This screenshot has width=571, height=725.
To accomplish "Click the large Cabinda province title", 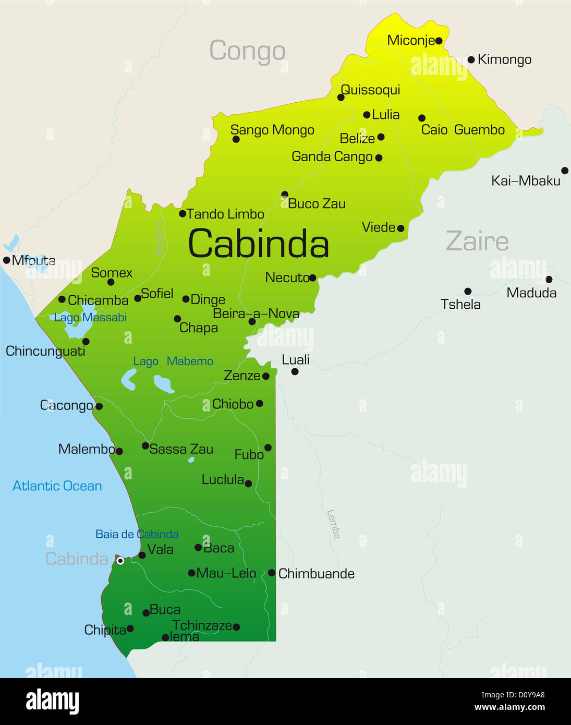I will (x=258, y=244).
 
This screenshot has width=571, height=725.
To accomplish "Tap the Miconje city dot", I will (x=439, y=41).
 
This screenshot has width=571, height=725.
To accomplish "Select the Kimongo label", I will (x=504, y=59).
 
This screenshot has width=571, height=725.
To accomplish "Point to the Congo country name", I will (x=247, y=51).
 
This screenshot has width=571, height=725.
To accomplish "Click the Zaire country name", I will (x=477, y=241).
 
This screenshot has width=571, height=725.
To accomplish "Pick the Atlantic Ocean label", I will (x=57, y=486).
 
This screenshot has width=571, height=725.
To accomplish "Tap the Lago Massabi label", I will (x=91, y=318).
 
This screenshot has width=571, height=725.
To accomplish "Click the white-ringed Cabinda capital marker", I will (x=120, y=561).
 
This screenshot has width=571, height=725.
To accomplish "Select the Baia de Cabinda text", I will (x=137, y=534).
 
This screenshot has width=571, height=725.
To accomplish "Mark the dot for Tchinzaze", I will (x=236, y=627).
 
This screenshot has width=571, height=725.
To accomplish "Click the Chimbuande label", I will (x=316, y=574).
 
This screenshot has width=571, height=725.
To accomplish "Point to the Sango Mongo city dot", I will (x=236, y=139).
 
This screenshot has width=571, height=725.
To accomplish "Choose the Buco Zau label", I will (x=317, y=204).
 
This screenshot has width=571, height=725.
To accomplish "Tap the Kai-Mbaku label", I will (x=525, y=181).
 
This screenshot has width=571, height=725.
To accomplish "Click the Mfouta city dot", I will (x=6, y=260).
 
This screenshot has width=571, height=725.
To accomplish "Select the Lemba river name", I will (x=333, y=524).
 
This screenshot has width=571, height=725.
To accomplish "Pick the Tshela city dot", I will (x=468, y=291).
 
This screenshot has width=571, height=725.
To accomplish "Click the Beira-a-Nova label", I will (x=256, y=313).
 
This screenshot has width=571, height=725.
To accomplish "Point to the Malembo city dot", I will (x=119, y=451).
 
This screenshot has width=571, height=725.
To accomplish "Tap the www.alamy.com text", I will (x=509, y=707).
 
